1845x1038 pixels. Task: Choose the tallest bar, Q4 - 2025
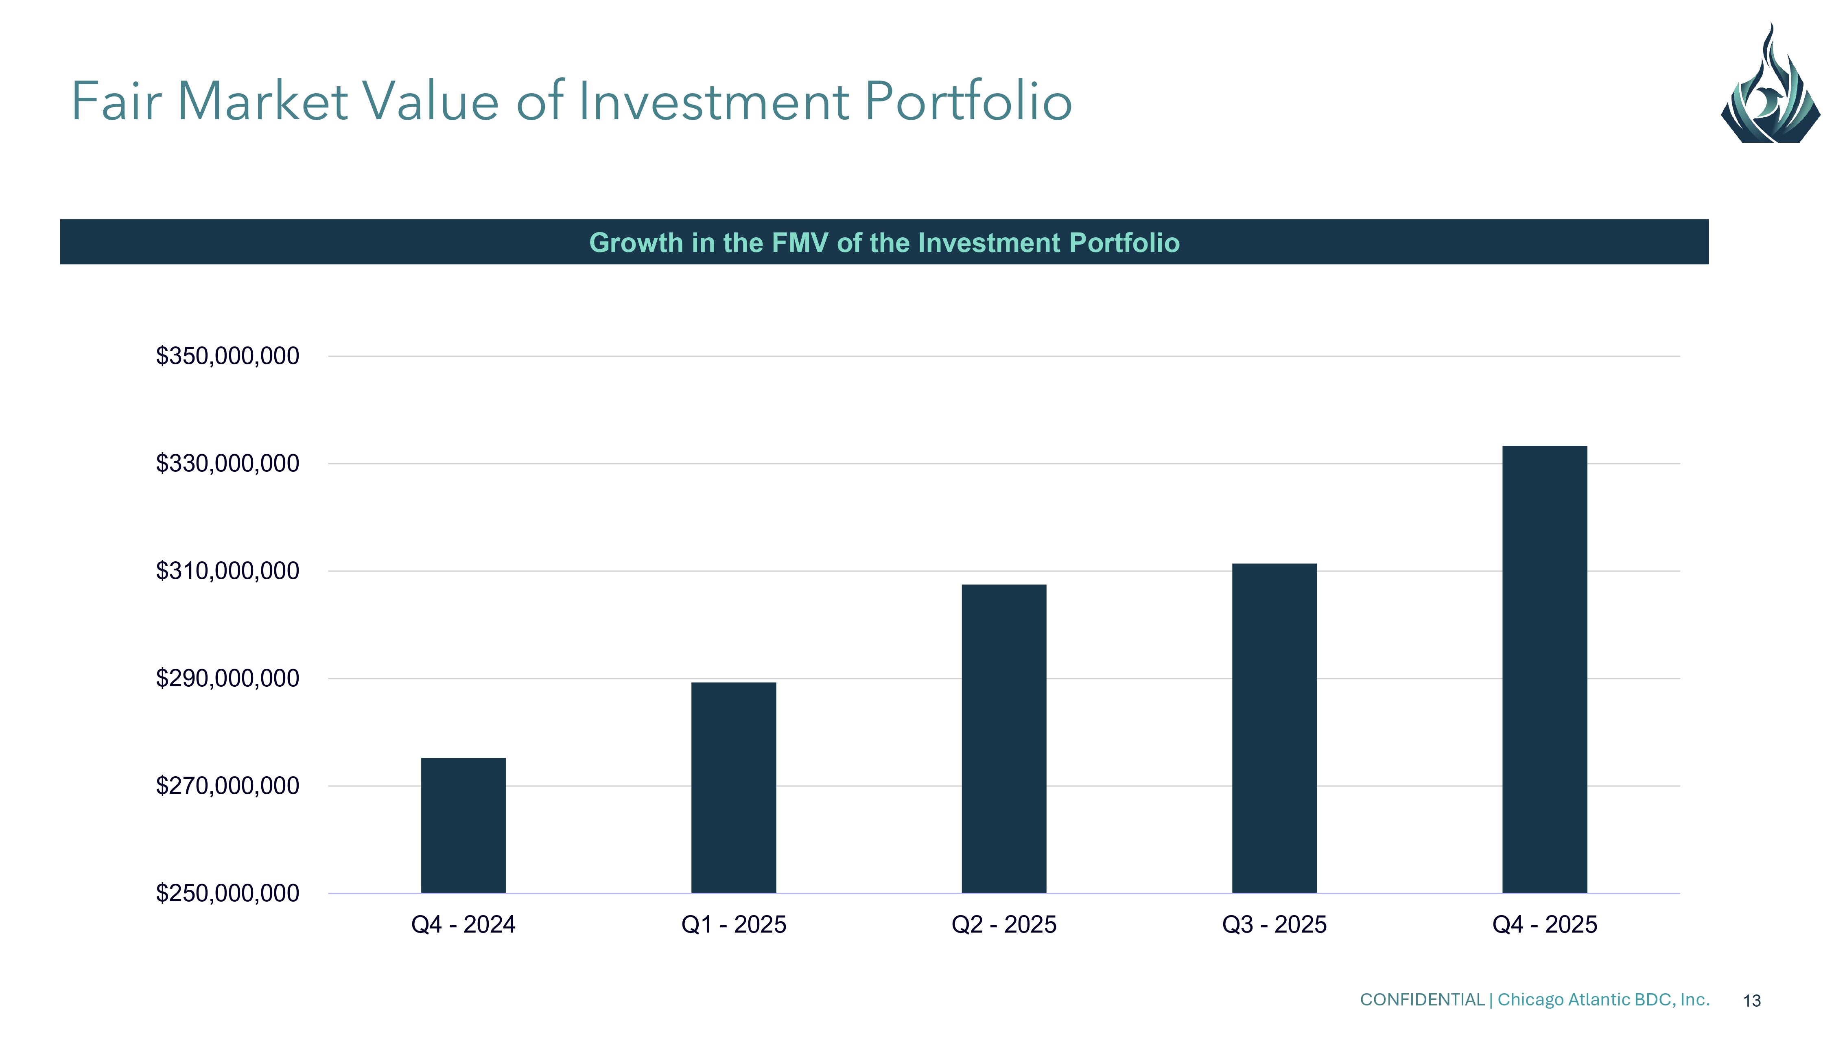click(1544, 669)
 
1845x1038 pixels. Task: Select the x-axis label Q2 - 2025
click(1003, 925)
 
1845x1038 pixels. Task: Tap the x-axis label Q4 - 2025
click(1544, 925)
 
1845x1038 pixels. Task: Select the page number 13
click(1752, 1001)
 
